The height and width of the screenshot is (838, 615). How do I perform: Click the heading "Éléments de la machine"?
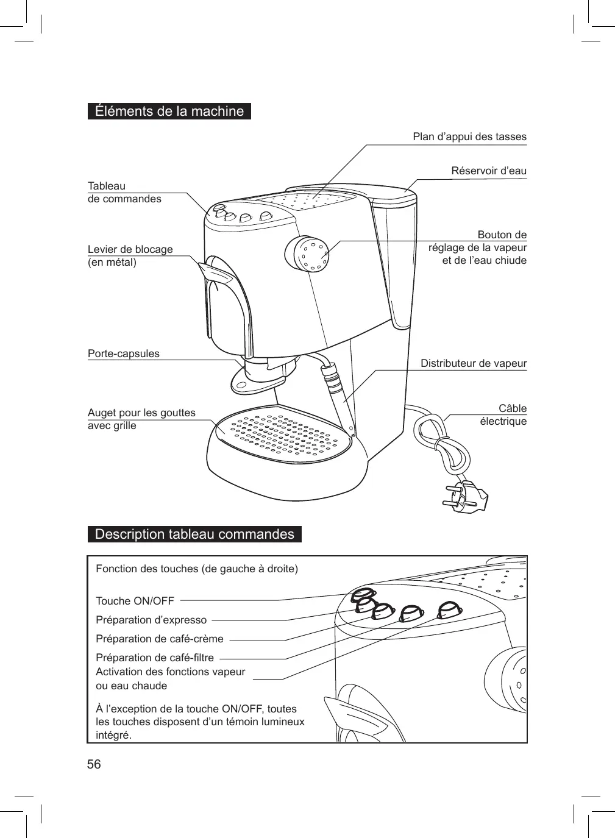click(x=169, y=112)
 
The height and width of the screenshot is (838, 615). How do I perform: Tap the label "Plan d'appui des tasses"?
click(x=469, y=137)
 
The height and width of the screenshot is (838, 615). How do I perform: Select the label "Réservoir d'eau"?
click(x=488, y=171)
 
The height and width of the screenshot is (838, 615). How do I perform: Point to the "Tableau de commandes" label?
click(x=124, y=192)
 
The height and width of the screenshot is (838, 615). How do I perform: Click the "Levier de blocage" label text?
click(x=130, y=249)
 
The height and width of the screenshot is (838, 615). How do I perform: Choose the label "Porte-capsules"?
click(x=124, y=353)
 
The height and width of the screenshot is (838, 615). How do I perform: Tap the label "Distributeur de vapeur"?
click(x=474, y=363)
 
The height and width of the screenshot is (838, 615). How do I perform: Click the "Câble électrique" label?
click(x=503, y=415)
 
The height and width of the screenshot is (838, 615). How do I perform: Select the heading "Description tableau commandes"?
click(x=194, y=534)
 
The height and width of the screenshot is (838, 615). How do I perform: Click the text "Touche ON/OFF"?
click(x=135, y=601)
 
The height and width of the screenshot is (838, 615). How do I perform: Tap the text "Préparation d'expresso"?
click(x=151, y=620)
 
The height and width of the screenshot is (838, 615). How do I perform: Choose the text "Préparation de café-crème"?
click(x=160, y=639)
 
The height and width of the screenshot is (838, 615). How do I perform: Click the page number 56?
click(x=94, y=764)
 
